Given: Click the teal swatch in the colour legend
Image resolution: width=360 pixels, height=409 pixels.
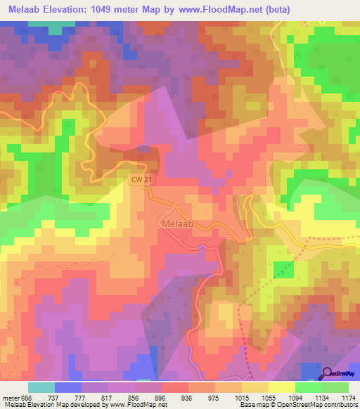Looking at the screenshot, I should (x=41, y=387).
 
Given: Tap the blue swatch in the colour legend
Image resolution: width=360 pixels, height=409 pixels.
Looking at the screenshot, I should (x=68, y=387).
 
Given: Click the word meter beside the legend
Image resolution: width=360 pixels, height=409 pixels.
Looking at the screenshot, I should (x=11, y=396).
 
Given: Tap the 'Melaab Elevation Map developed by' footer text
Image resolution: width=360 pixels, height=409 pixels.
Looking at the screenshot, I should (x=53, y=405).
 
